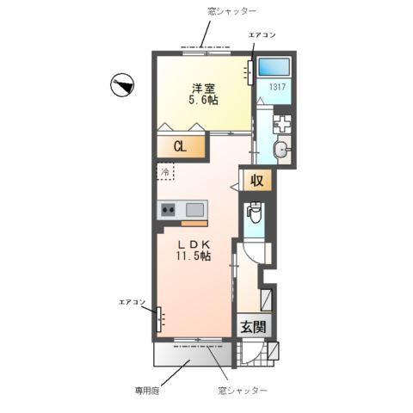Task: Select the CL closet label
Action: point(180,146)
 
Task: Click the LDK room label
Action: point(194,244)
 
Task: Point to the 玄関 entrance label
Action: point(253,327)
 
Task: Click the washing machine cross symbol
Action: point(281,123)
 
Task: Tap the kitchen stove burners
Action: point(167,209)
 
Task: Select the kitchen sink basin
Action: point(194,209)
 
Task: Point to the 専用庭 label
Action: point(146,390)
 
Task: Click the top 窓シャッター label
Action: point(208,9)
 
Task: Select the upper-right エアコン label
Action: point(262,34)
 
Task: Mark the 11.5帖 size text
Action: point(194,257)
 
